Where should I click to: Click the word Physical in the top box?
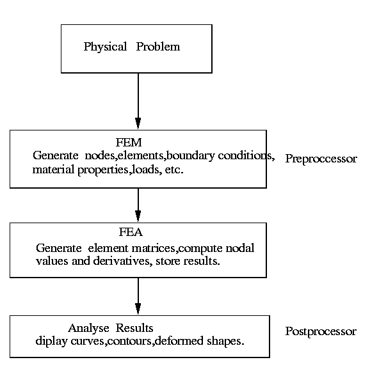tap(105, 47)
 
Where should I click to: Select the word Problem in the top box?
tap(158, 47)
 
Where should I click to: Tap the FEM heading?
tap(129, 143)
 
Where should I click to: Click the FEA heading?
tap(131, 232)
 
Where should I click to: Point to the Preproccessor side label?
tap(321, 159)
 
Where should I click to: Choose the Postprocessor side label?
tap(321, 331)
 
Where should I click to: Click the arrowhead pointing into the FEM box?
tap(138, 123)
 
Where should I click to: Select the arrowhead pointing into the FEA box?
tap(138, 216)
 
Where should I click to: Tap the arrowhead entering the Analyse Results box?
tap(138, 309)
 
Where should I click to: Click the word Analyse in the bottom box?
tap(89, 329)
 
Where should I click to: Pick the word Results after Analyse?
tap(134, 328)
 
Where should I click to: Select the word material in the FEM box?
tap(53, 169)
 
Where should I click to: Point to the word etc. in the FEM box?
tap(174, 170)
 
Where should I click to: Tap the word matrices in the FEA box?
tap(154, 249)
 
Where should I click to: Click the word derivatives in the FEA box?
tap(123, 261)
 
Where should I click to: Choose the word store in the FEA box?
tap(168, 262)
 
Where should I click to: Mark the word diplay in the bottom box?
tap(51, 342)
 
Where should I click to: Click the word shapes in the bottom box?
tap(225, 342)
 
